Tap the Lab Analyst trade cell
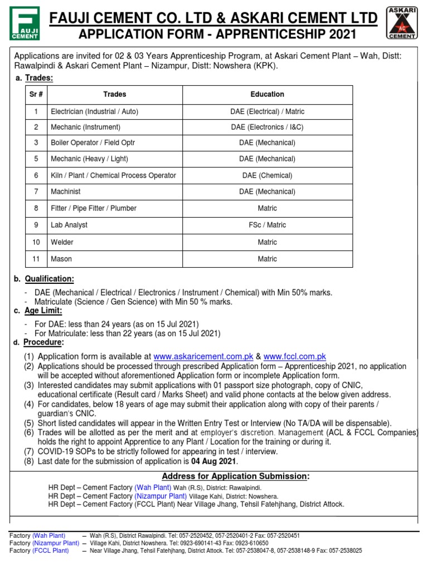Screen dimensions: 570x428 [69, 225]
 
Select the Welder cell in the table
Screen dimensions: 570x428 [62, 242]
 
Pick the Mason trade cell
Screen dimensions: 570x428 [61, 259]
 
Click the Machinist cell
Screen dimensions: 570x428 [66, 191]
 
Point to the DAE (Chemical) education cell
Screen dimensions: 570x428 [267, 175]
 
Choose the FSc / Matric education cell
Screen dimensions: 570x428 [267, 225]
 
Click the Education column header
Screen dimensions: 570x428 [267, 95]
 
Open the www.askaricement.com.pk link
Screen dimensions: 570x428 [203, 356]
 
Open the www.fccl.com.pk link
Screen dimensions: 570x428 [295, 356]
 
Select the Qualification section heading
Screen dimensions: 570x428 [48, 279]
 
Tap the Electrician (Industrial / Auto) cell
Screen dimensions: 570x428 [95, 111]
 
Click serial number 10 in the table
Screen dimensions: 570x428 [36, 242]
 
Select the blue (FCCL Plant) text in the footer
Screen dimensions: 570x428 [51, 551]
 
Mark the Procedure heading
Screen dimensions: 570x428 [43, 342]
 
